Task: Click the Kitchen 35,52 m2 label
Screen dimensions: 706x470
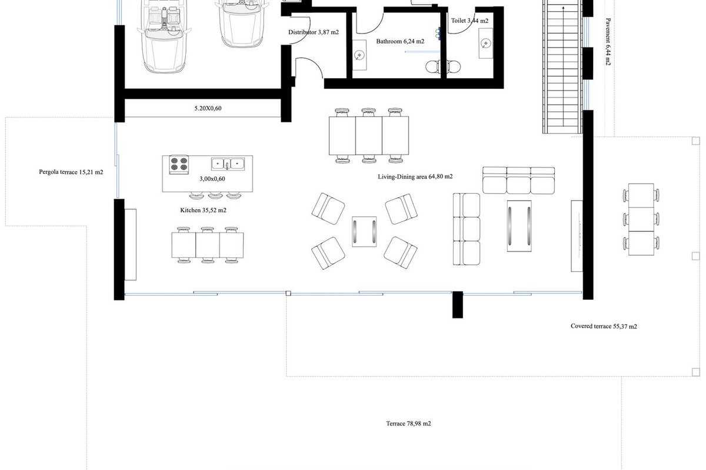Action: pos(204,210)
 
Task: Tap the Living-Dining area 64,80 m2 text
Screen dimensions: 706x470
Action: pos(415,177)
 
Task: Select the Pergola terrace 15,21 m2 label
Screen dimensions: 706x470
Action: pos(71,172)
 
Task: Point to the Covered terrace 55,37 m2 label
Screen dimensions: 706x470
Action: pos(604,326)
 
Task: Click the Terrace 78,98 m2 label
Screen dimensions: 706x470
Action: pos(408,424)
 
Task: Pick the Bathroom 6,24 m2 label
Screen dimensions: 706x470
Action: pos(400,41)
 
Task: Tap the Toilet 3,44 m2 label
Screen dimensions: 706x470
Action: pos(469,21)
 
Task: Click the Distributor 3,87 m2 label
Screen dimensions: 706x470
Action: pos(313,32)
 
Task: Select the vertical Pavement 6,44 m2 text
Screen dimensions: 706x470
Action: pos(608,42)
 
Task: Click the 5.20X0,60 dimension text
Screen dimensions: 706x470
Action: pos(208,108)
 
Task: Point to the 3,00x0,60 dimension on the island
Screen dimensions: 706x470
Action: pos(212,179)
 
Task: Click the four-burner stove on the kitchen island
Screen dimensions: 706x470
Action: pos(179,164)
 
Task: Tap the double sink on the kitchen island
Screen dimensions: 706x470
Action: pos(228,164)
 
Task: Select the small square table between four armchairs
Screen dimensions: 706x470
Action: pos(364,231)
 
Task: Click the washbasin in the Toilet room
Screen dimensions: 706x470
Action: pos(486,43)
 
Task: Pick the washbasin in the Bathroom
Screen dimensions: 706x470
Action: pos(359,55)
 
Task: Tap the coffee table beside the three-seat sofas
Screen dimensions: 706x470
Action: pos(519,226)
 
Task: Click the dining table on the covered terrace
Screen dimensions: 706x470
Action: pos(641,219)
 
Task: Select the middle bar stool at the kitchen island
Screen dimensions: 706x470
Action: pos(215,196)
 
